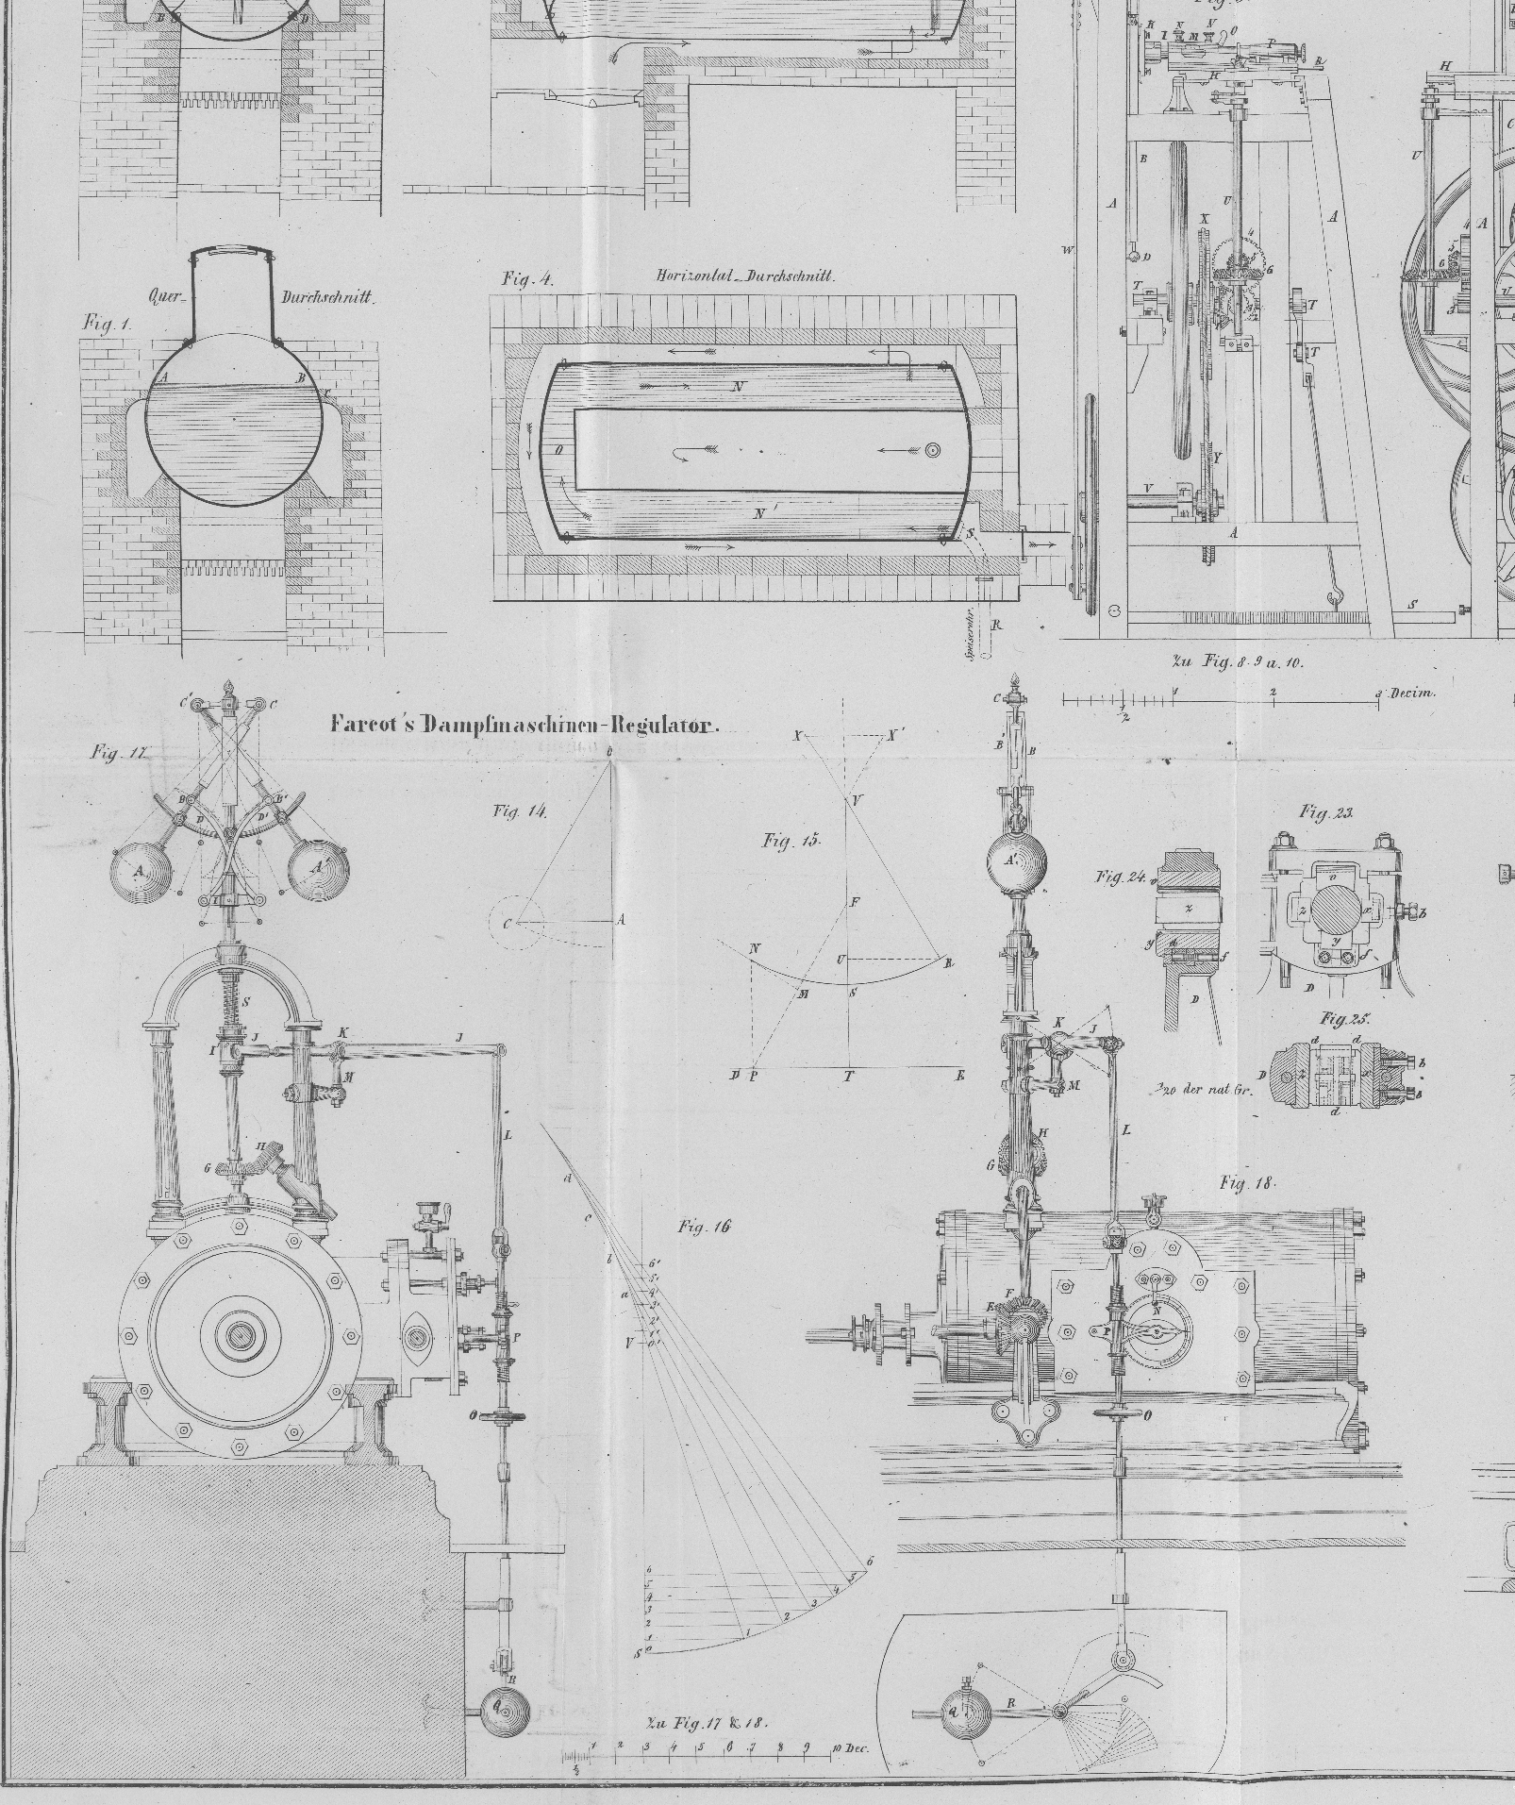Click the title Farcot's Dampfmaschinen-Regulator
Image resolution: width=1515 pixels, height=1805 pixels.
pyautogui.click(x=524, y=725)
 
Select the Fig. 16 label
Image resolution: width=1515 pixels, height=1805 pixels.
pyautogui.click(x=704, y=1227)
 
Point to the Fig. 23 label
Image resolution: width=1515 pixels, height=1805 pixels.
pyautogui.click(x=1326, y=811)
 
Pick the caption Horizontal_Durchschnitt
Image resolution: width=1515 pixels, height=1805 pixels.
pyautogui.click(x=744, y=276)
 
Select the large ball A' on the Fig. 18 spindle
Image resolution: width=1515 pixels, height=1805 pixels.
pyautogui.click(x=1015, y=861)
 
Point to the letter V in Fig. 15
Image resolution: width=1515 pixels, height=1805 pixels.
pyautogui.click(x=856, y=800)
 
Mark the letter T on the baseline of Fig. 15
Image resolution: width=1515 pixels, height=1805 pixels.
pyautogui.click(x=849, y=1076)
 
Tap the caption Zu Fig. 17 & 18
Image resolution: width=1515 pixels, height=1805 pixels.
pyautogui.click(x=707, y=1722)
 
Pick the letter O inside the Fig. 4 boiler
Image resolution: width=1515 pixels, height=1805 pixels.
pyautogui.click(x=558, y=450)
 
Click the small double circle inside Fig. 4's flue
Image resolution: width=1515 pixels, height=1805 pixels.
pyautogui.click(x=934, y=450)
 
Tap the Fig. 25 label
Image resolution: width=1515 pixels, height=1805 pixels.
pyautogui.click(x=1344, y=1019)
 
